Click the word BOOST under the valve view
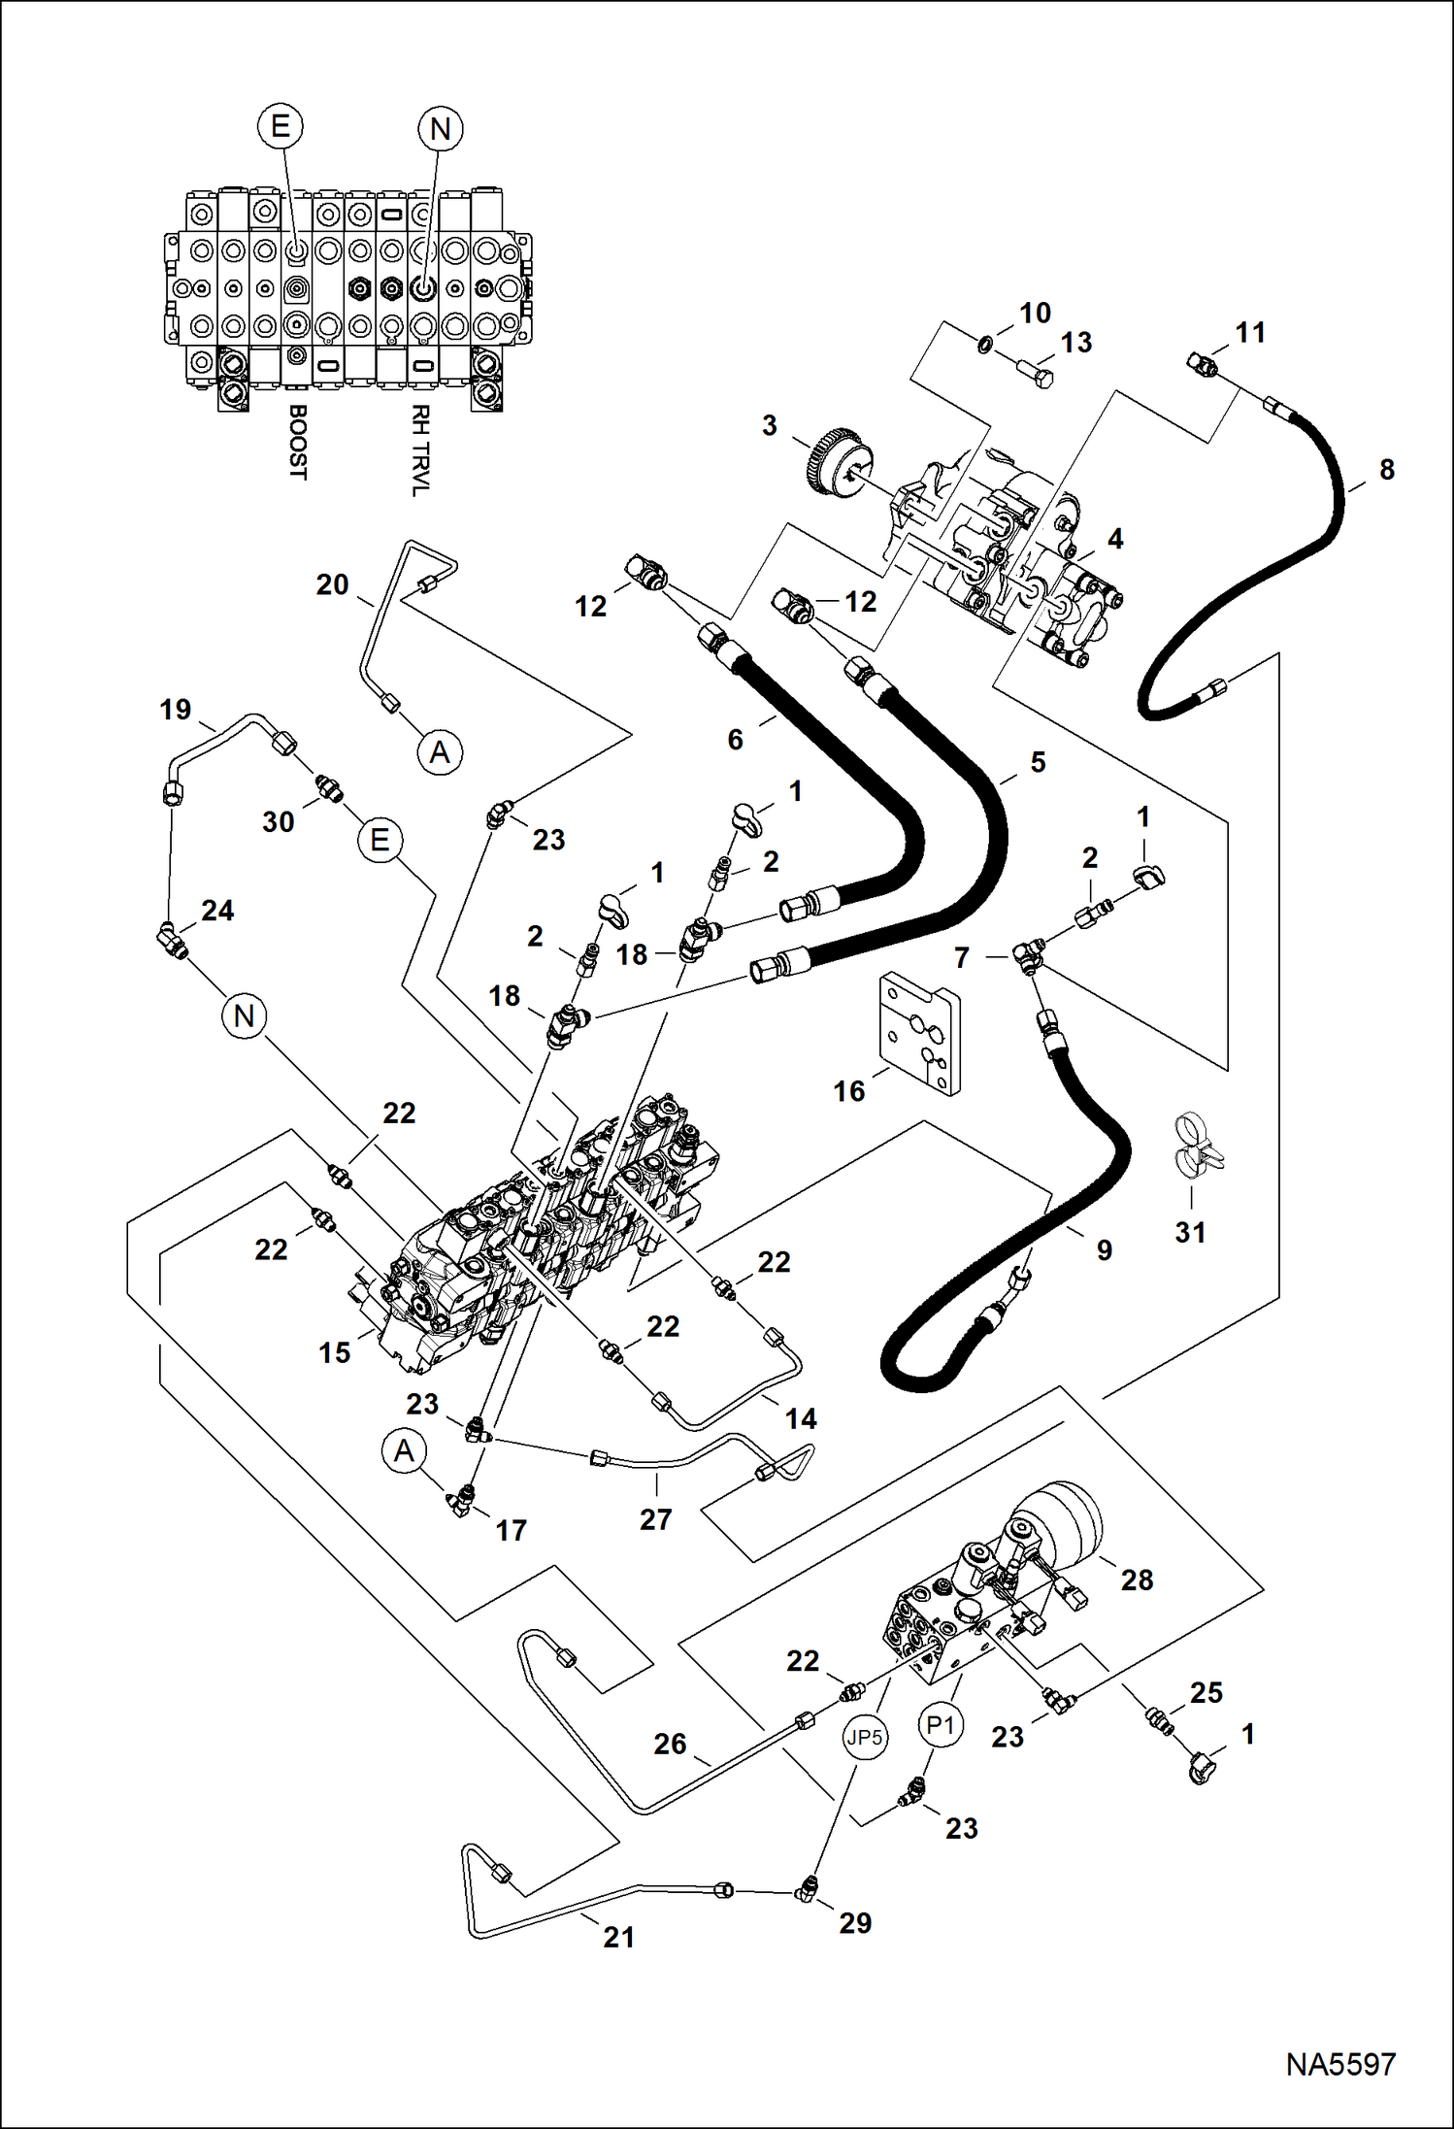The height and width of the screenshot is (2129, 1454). click(x=298, y=442)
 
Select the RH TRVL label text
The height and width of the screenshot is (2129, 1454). click(x=419, y=450)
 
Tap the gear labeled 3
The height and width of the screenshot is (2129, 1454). click(x=836, y=467)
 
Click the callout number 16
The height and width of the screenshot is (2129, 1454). click(x=848, y=1091)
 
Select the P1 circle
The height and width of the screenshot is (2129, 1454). click(x=941, y=1725)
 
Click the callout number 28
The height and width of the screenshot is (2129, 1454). click(x=1137, y=1580)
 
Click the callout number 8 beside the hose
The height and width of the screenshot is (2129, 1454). click(x=1386, y=470)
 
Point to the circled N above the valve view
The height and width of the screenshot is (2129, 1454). click(x=440, y=128)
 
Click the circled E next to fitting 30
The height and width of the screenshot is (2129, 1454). click(x=380, y=840)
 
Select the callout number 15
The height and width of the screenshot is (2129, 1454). click(x=334, y=1352)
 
